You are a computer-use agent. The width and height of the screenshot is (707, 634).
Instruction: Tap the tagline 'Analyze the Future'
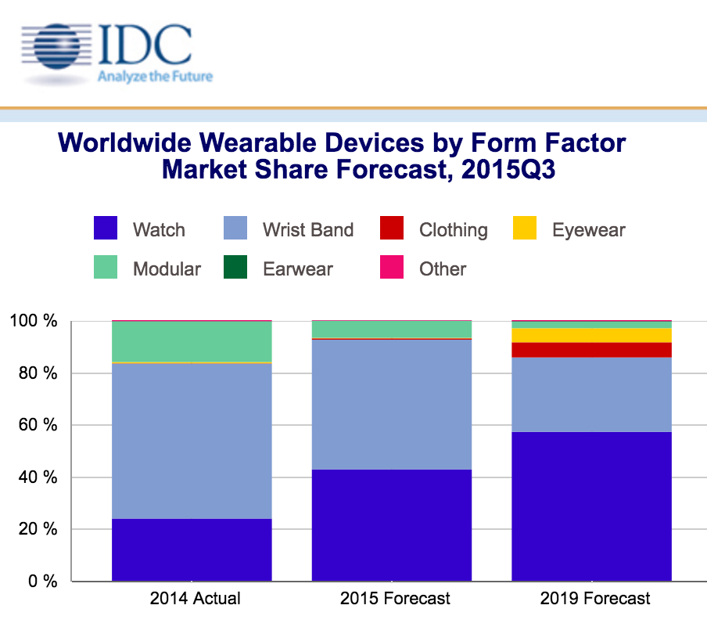point(154,77)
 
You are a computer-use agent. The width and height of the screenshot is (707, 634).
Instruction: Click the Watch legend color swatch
point(105,229)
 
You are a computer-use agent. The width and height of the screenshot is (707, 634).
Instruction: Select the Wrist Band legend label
point(308,230)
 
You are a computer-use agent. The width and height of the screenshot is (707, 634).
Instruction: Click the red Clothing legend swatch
point(392,229)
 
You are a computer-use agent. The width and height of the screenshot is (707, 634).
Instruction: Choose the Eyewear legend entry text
point(588,230)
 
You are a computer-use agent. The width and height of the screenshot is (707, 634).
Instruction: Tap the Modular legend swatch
point(105,268)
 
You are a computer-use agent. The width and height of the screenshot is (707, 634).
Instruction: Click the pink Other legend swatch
point(392,268)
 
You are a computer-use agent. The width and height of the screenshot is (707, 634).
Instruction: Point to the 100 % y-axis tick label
point(33,322)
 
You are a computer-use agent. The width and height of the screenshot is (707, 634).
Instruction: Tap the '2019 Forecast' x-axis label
point(594,599)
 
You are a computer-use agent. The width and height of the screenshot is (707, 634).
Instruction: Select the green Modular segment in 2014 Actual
point(192,341)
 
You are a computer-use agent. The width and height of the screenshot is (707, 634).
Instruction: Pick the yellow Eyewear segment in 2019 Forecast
point(591,335)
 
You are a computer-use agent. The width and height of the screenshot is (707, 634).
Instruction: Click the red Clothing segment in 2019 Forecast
point(591,350)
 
